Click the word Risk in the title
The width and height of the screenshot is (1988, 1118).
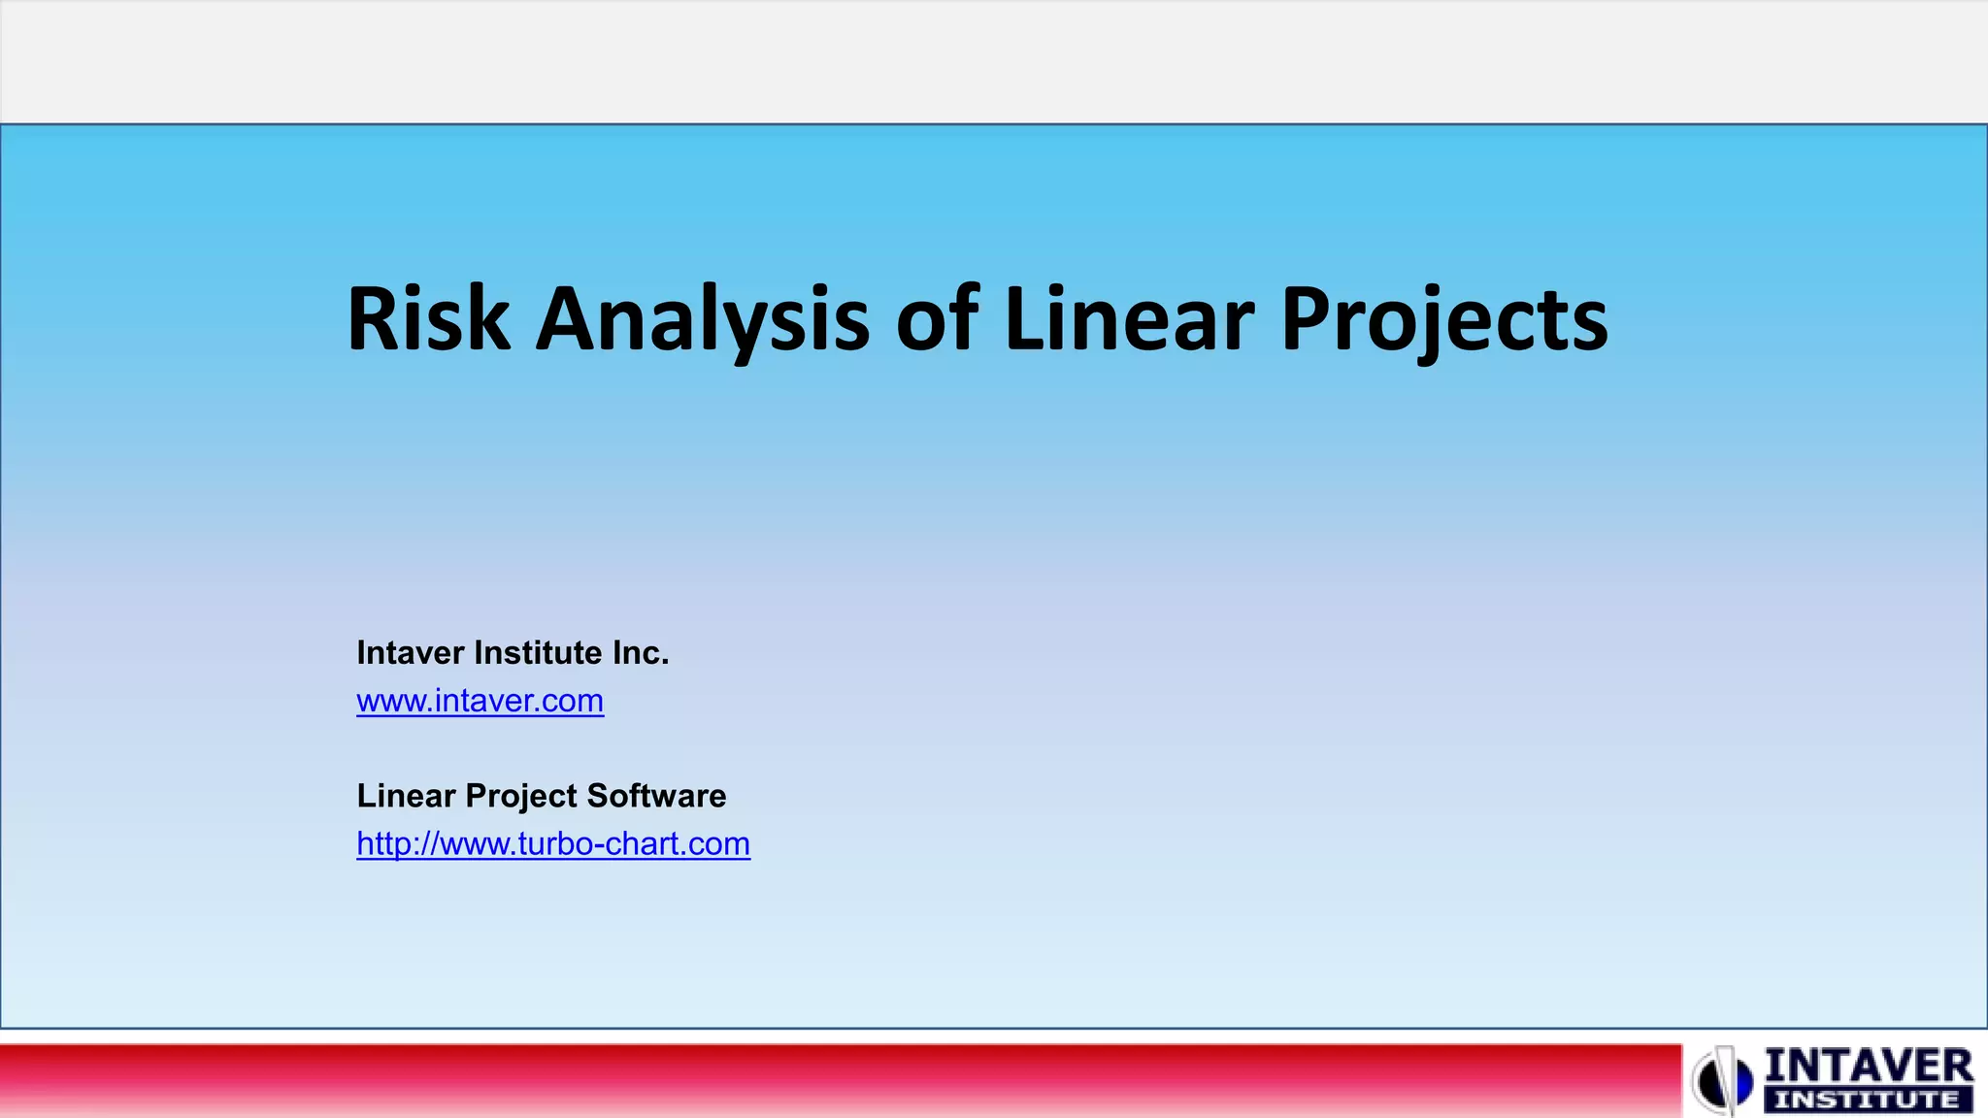click(428, 319)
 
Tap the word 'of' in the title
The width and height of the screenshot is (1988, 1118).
click(937, 319)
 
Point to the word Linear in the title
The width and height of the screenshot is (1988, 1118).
click(1129, 319)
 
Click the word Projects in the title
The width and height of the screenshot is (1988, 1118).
click(1443, 319)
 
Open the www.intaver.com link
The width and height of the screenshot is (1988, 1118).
click(480, 701)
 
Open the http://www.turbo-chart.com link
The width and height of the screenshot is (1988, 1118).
click(553, 844)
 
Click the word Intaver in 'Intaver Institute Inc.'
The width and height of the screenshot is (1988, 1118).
click(411, 653)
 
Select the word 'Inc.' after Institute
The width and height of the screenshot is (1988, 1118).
click(641, 653)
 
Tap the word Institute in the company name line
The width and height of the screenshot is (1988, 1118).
click(539, 653)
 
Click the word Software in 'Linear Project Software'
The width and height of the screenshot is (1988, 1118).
click(656, 796)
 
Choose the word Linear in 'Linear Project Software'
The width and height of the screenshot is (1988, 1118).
click(406, 796)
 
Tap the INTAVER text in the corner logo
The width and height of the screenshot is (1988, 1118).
click(1868, 1067)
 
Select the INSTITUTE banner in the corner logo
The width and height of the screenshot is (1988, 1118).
click(1868, 1101)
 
